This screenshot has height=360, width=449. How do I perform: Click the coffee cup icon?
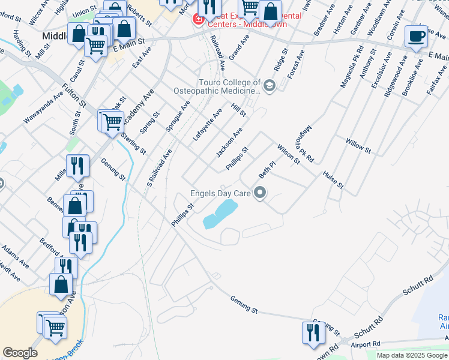pos(416,37)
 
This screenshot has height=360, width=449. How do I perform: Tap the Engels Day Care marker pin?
pos(260,193)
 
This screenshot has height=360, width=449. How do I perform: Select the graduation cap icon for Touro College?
pos(268,86)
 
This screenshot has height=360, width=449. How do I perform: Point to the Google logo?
pos(20,353)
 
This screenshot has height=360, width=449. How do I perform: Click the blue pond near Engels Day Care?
pos(218,214)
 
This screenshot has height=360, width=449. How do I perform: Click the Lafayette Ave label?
pos(207,124)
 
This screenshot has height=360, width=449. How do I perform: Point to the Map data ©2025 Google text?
pos(412,355)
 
